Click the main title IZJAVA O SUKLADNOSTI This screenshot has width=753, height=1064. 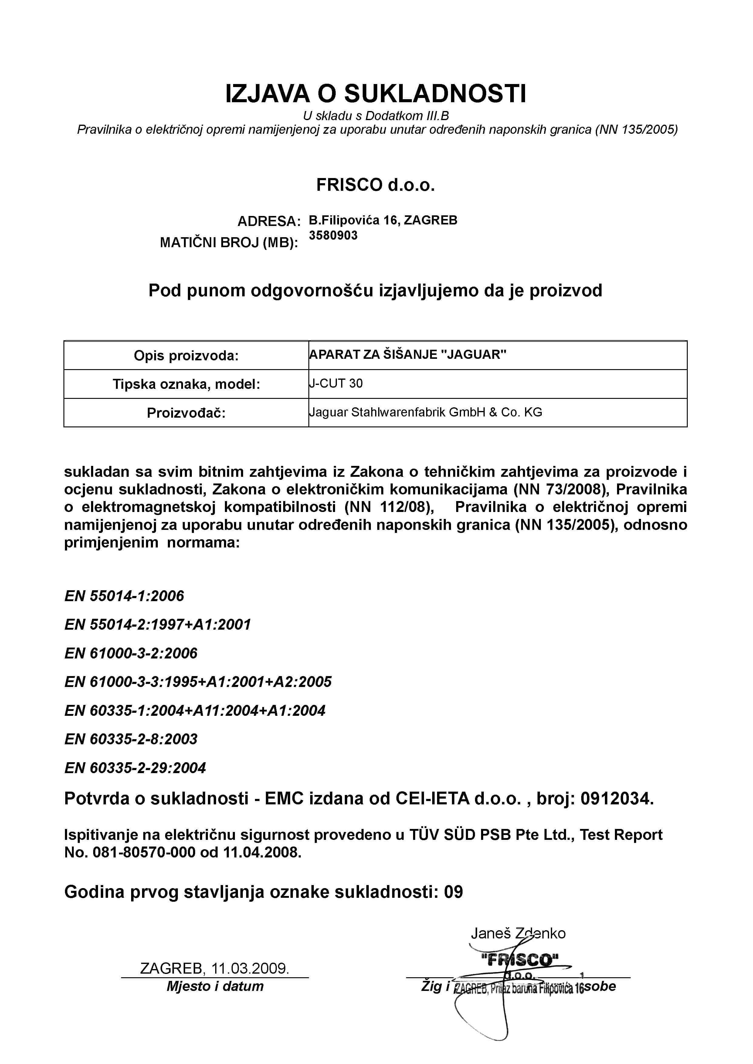[375, 94]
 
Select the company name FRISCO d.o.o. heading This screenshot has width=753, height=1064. [375, 185]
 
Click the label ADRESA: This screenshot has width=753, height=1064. [269, 221]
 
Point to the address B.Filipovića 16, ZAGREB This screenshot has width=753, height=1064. [383, 220]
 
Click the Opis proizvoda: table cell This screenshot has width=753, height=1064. [186, 355]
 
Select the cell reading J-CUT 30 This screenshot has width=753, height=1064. [337, 384]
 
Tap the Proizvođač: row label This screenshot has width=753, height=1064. [186, 412]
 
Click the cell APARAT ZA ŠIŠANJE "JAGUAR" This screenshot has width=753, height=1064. [408, 355]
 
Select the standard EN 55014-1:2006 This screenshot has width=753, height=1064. [124, 596]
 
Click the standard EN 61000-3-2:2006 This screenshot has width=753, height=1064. [131, 653]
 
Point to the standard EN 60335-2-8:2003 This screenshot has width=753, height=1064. [131, 739]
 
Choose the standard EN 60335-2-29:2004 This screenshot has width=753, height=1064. [135, 768]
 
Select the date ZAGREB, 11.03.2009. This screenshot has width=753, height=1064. [215, 968]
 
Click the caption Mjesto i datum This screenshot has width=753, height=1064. [215, 986]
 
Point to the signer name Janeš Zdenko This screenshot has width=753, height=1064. [518, 933]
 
